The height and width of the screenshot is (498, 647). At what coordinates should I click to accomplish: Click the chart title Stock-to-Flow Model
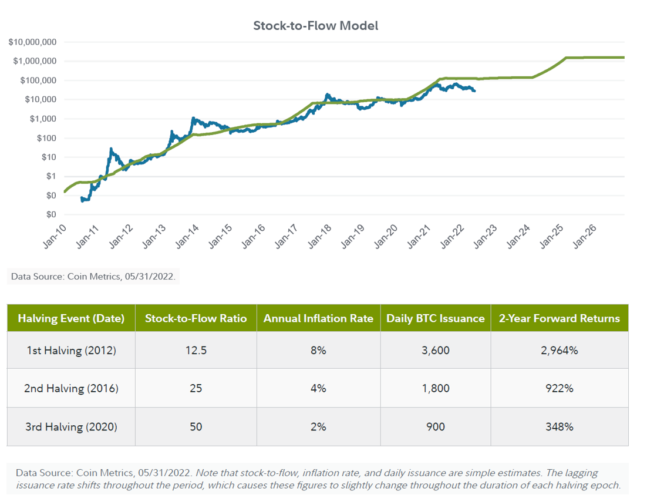tap(315, 26)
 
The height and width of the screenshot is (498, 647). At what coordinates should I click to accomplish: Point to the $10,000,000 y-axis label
tap(32, 42)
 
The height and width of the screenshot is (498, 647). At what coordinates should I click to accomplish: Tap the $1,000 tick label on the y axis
tap(43, 119)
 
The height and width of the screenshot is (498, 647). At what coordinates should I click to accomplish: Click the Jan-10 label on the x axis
tap(55, 237)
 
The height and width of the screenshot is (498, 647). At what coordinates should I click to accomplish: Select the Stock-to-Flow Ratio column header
tap(196, 318)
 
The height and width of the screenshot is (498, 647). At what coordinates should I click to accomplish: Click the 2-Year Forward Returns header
tap(559, 318)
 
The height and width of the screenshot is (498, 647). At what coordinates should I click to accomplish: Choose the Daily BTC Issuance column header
tap(435, 318)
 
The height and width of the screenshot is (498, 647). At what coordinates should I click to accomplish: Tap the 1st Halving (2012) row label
tap(71, 351)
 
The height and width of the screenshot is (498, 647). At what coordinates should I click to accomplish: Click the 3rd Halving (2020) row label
tap(71, 427)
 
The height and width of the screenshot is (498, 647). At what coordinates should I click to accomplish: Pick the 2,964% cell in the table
tap(559, 351)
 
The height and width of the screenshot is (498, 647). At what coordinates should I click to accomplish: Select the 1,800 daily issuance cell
tap(435, 389)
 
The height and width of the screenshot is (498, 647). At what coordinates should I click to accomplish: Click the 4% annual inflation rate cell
tap(318, 389)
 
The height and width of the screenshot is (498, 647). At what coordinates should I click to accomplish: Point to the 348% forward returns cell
tap(559, 427)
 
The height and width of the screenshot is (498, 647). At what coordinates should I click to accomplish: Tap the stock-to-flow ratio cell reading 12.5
tap(196, 351)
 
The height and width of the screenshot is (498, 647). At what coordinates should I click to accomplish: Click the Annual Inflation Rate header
tap(318, 318)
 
